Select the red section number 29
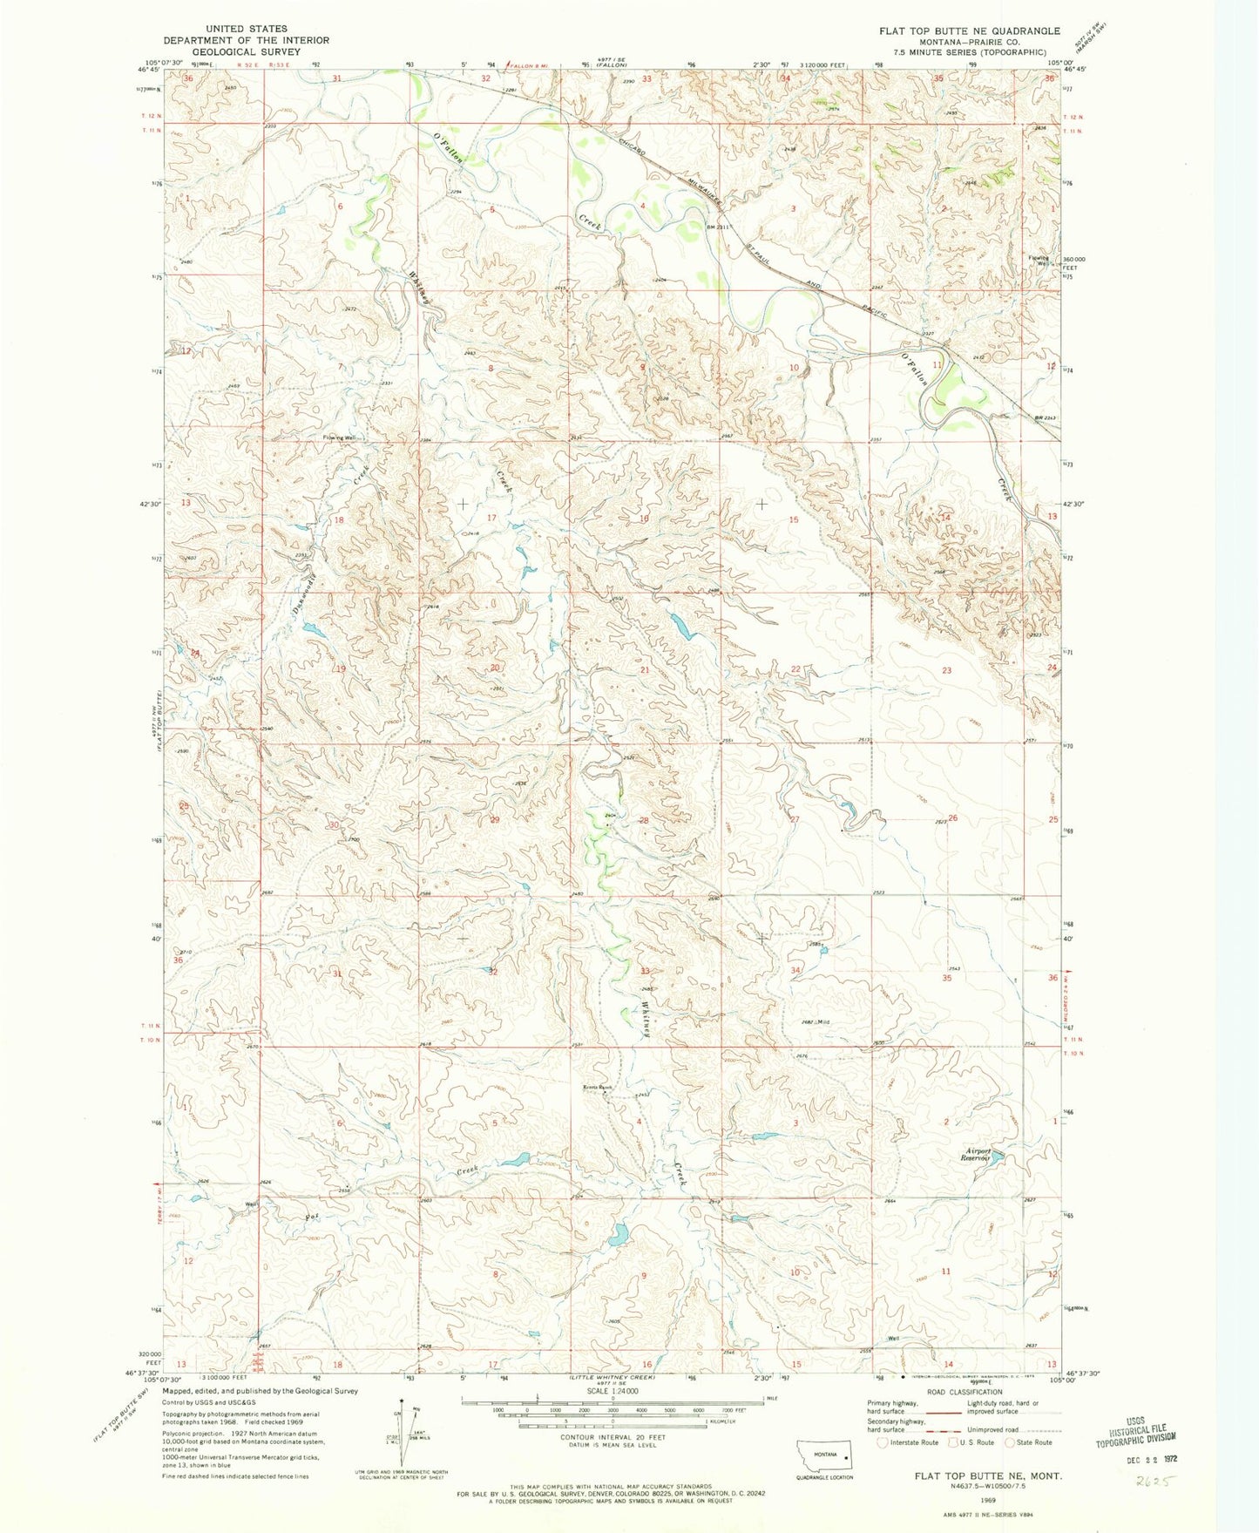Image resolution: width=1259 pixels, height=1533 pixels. click(495, 820)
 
